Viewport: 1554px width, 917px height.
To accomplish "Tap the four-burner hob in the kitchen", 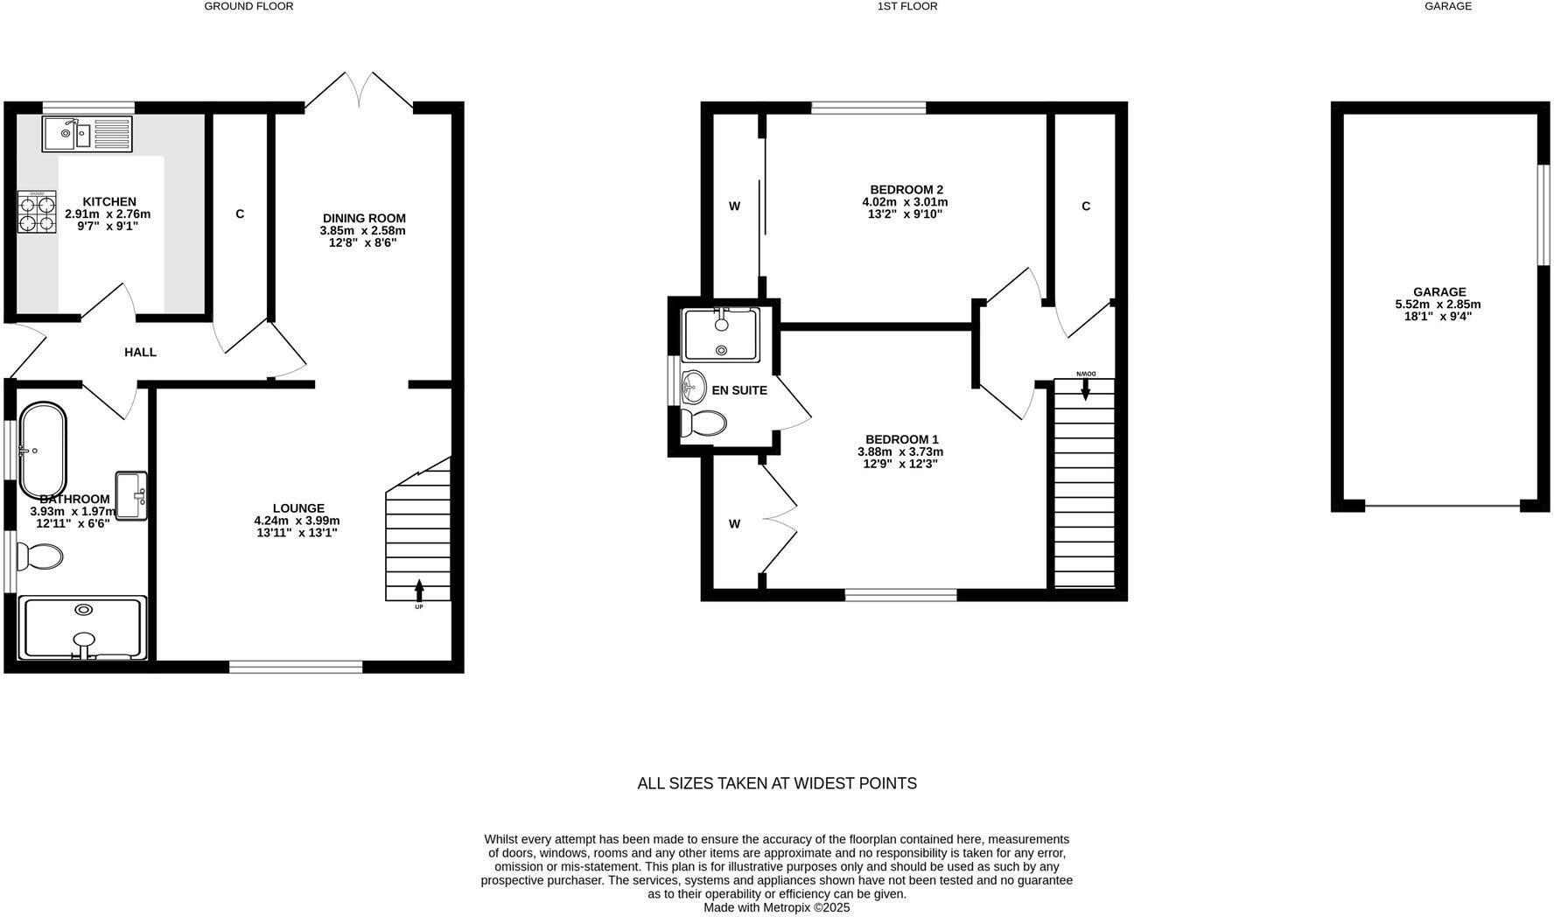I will (x=37, y=212).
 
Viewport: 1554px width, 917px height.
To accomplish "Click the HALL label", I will (x=140, y=353).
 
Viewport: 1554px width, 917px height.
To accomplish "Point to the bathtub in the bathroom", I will (x=43, y=451).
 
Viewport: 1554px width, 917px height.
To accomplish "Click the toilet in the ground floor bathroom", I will (x=41, y=556).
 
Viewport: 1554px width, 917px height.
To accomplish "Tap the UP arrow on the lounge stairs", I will (x=419, y=591).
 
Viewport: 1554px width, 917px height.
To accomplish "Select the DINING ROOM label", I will (x=364, y=219).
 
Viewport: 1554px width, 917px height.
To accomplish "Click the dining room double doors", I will (x=359, y=92).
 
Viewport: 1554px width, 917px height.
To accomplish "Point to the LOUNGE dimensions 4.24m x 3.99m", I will (x=297, y=520).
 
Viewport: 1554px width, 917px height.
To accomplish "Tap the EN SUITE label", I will (x=739, y=390).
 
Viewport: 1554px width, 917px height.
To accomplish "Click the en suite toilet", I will (x=703, y=423).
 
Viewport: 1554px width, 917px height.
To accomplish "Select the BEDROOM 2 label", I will (x=906, y=190).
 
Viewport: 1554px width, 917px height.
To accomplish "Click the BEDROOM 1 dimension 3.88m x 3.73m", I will (x=900, y=451).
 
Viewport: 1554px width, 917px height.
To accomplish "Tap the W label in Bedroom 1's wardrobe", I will (x=734, y=524).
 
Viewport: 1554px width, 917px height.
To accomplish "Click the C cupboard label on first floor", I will (x=1086, y=206).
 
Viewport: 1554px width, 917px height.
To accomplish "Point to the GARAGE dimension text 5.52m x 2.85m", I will (x=1438, y=304).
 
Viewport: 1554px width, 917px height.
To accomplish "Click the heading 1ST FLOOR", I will (x=907, y=6).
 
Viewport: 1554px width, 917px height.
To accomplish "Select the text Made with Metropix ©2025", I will (x=777, y=908).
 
